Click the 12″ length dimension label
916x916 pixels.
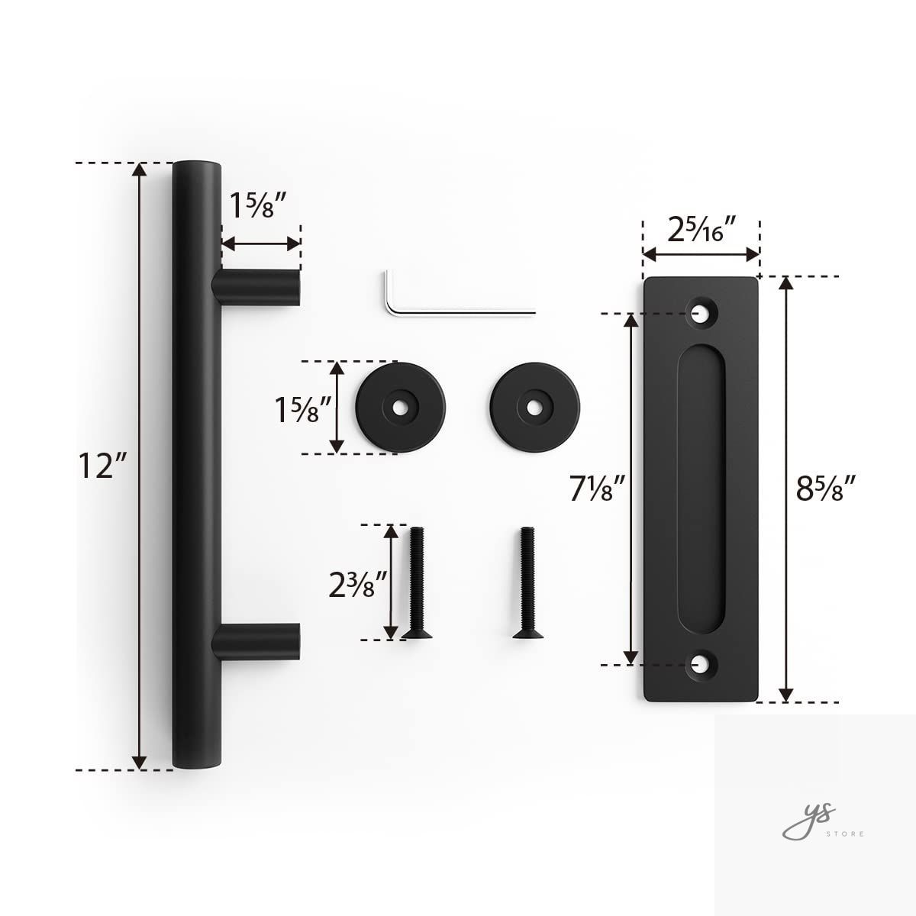pyautogui.click(x=103, y=466)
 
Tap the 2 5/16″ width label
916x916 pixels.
pyautogui.click(x=702, y=229)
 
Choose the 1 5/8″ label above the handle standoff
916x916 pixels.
pyautogui.click(x=259, y=205)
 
